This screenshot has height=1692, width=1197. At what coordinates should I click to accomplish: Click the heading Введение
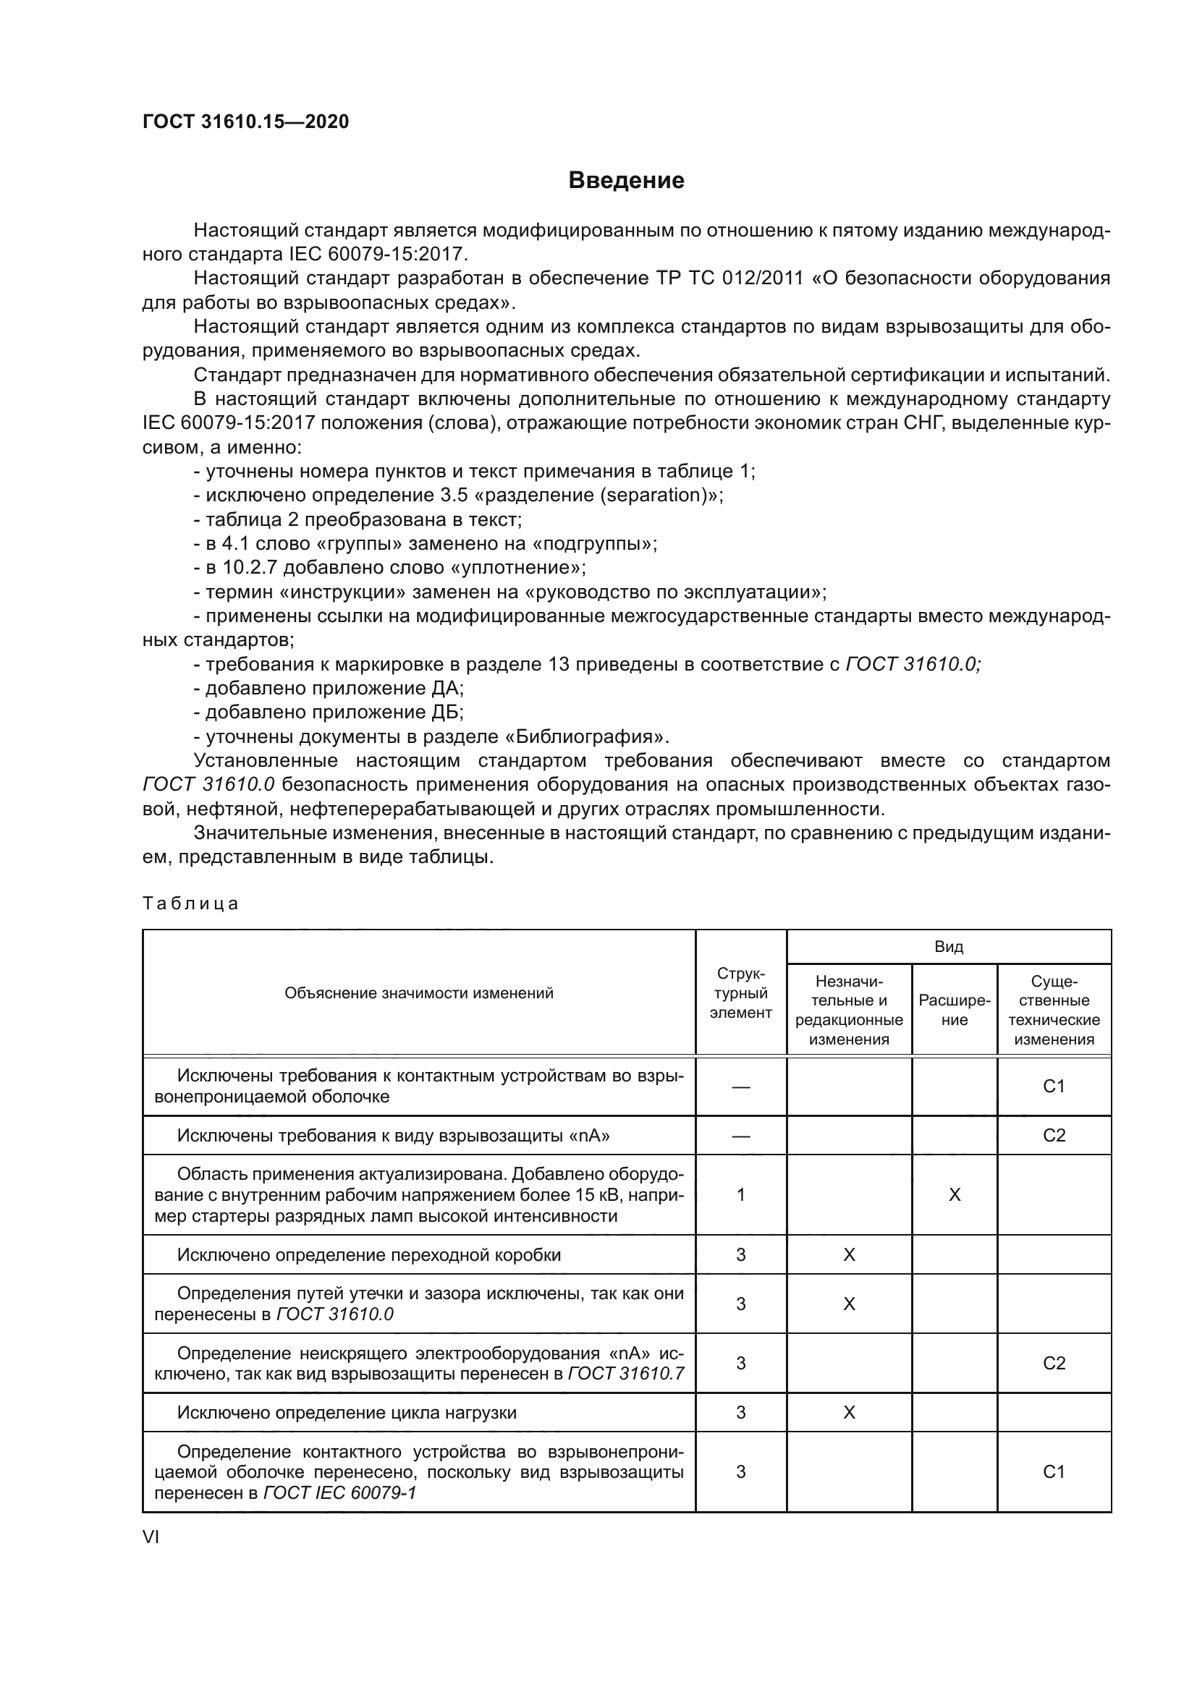626,181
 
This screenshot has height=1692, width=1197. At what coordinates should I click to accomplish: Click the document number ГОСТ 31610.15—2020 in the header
245,122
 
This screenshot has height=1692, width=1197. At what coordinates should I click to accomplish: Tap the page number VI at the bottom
151,1536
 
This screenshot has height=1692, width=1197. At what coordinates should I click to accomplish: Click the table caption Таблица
190,904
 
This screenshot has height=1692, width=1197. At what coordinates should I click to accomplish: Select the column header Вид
949,947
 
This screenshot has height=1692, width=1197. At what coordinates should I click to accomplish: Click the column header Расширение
954,1011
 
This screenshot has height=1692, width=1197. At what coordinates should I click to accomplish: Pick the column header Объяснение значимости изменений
418,992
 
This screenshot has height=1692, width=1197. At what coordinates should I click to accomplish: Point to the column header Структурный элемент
741,993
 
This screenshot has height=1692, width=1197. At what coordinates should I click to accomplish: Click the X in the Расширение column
954,1194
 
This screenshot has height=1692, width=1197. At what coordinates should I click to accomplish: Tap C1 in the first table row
1054,1087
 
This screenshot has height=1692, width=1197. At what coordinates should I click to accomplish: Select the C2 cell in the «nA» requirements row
1054,1135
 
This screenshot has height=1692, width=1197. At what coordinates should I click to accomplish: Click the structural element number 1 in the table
741,1194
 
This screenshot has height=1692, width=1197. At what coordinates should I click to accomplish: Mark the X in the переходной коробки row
849,1255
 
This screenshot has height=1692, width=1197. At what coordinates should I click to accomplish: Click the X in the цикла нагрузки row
849,1412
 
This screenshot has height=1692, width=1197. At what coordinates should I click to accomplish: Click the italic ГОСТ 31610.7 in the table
626,1374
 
